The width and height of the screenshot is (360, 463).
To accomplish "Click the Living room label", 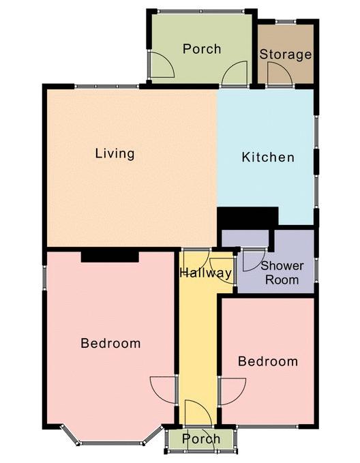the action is (115, 153).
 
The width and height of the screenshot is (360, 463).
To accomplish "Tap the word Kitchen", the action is (268, 157).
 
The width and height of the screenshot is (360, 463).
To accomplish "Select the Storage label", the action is (286, 55).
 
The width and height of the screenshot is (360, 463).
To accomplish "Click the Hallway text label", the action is (205, 273).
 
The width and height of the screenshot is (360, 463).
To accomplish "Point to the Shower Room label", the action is (282, 273).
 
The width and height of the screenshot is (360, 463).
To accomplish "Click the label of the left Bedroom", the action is (110, 343).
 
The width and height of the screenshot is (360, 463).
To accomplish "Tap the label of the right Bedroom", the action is (268, 361).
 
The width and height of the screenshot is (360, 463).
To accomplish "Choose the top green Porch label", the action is (202, 48).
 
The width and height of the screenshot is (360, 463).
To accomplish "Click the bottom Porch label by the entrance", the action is (201, 438).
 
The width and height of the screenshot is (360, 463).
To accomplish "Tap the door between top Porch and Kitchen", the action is (235, 73).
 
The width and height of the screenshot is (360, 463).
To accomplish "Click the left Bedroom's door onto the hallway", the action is (163, 389).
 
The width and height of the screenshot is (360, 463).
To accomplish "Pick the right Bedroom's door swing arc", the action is (233, 391).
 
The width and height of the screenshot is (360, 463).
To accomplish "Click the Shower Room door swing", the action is (254, 260).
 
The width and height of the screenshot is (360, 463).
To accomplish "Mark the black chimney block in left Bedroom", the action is (110, 256).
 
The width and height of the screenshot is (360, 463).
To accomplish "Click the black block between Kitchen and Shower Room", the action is (247, 216).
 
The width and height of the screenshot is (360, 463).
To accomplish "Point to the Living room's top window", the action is (106, 87).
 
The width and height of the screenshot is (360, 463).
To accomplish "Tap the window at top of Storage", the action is (286, 21).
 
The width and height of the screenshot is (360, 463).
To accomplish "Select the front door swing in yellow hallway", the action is (198, 413).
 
